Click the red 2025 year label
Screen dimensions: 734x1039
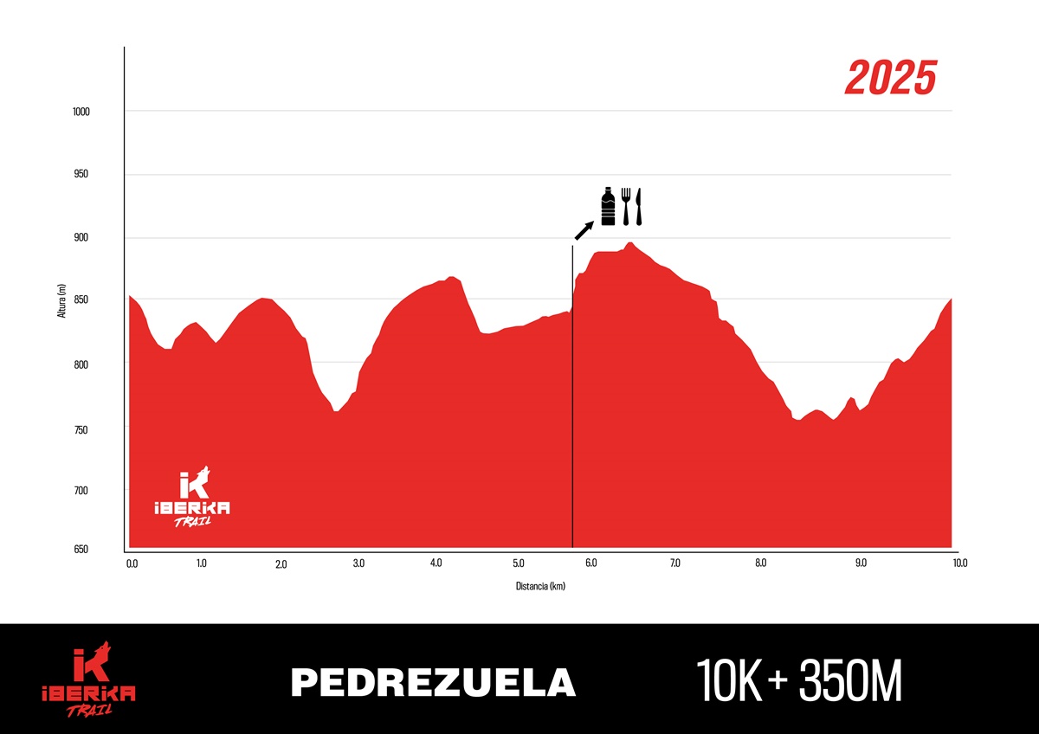coord(891,79)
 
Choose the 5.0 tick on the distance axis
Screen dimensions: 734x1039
coord(518,564)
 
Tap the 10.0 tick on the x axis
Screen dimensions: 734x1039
coord(959,563)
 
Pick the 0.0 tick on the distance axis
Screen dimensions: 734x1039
coord(132,563)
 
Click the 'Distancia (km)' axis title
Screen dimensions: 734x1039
coord(540,586)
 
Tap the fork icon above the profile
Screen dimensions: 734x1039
coord(625,206)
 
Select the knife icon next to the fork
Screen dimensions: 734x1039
coord(639,206)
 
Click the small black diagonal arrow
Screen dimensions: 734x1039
coord(584,229)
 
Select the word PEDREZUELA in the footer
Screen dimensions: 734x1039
coord(433,682)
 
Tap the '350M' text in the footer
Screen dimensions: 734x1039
coord(850,682)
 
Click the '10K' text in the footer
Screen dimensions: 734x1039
coord(729,682)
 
